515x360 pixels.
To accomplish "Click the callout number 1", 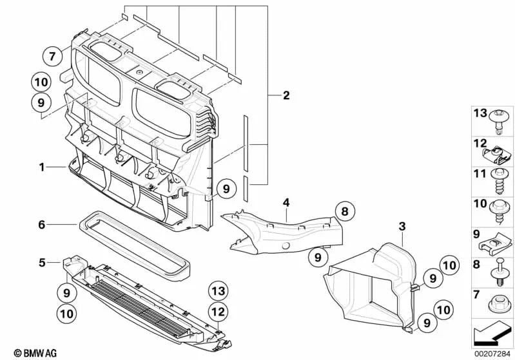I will pyautogui.click(x=41, y=167).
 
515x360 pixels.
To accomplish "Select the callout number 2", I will pyautogui.click(x=286, y=96).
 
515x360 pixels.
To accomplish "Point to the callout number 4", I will pyautogui.click(x=286, y=203).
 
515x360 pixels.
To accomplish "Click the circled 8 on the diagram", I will pyautogui.click(x=344, y=211).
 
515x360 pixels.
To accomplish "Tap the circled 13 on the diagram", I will pyautogui.click(x=218, y=292).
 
